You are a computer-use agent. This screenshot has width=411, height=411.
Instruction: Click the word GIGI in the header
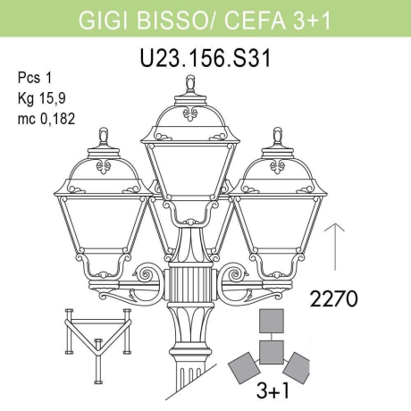(103, 19)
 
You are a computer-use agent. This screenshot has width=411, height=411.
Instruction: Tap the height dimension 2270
(335, 298)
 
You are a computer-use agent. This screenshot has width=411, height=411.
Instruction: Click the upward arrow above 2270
(332, 246)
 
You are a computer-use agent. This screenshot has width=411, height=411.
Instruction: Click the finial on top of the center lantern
(190, 85)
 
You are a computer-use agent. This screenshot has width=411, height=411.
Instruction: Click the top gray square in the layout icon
(272, 321)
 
